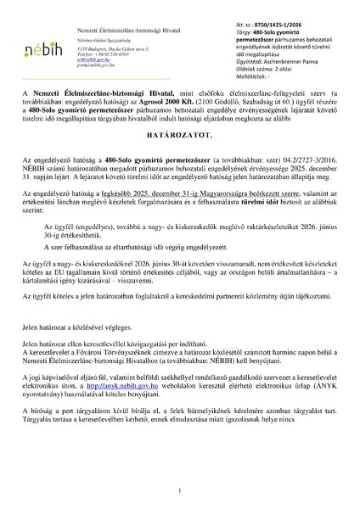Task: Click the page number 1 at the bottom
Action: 179,490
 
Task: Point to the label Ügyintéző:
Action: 232,62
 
